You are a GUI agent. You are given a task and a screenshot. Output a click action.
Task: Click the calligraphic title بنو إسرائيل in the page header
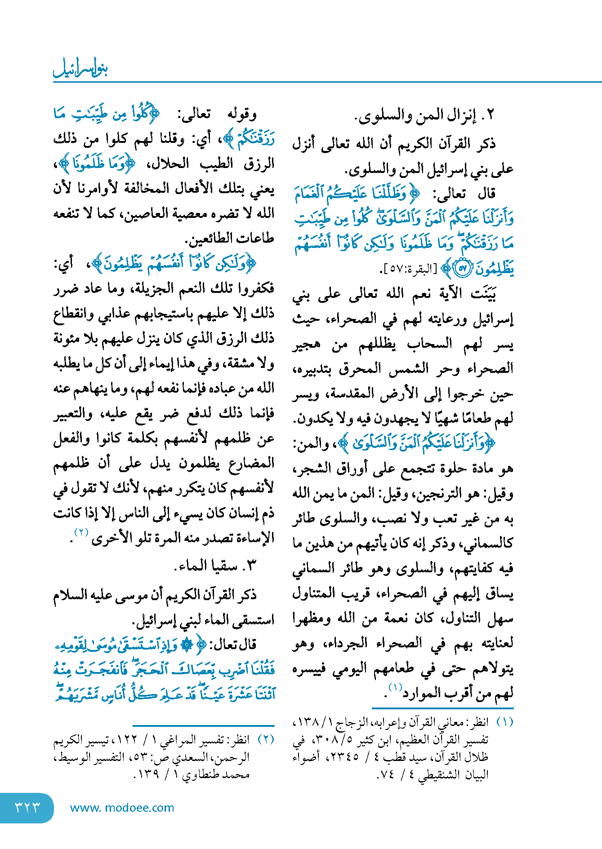click(x=80, y=68)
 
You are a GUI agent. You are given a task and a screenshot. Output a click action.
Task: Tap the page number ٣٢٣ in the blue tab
click(x=27, y=807)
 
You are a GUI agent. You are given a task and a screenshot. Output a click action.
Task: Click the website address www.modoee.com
click(x=122, y=808)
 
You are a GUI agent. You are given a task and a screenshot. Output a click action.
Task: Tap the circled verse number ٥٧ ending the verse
click(x=463, y=269)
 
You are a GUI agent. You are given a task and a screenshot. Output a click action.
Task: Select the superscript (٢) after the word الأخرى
click(x=82, y=533)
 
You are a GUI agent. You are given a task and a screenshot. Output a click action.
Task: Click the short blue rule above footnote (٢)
click(x=204, y=725)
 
